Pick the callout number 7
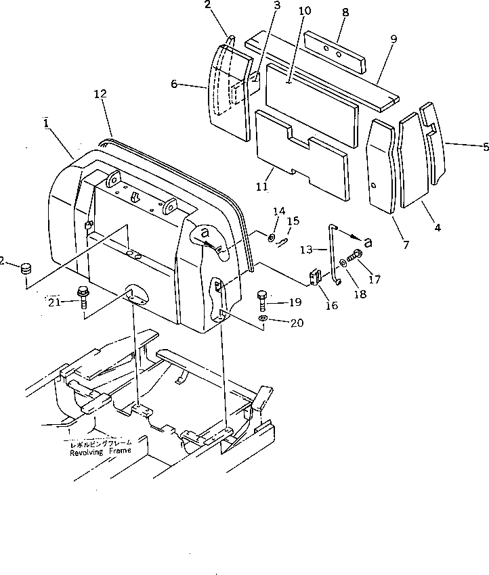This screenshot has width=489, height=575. click(x=406, y=244)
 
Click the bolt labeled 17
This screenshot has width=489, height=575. click(x=356, y=257)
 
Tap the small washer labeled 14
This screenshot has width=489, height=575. click(x=271, y=237)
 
